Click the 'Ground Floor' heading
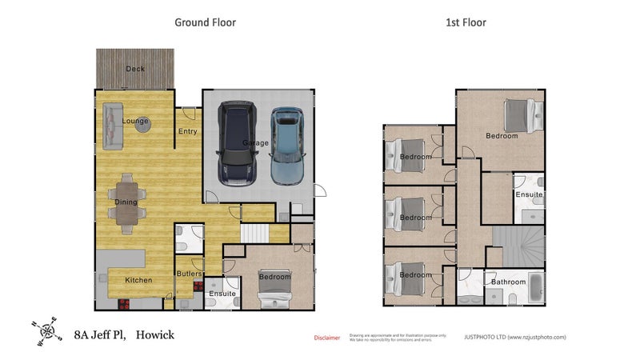[205, 22]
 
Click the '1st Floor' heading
[466, 22]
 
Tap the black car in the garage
[237, 142]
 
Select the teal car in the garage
[287, 145]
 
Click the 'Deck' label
[135, 69]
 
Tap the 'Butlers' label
[189, 274]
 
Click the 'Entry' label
[188, 132]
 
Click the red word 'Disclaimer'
[326, 338]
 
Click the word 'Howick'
[154, 334]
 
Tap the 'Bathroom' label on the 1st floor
[508, 282]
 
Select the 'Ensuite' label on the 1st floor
[529, 194]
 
